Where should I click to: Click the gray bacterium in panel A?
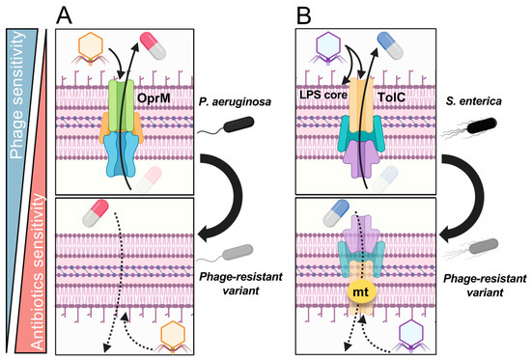point(238,253)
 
